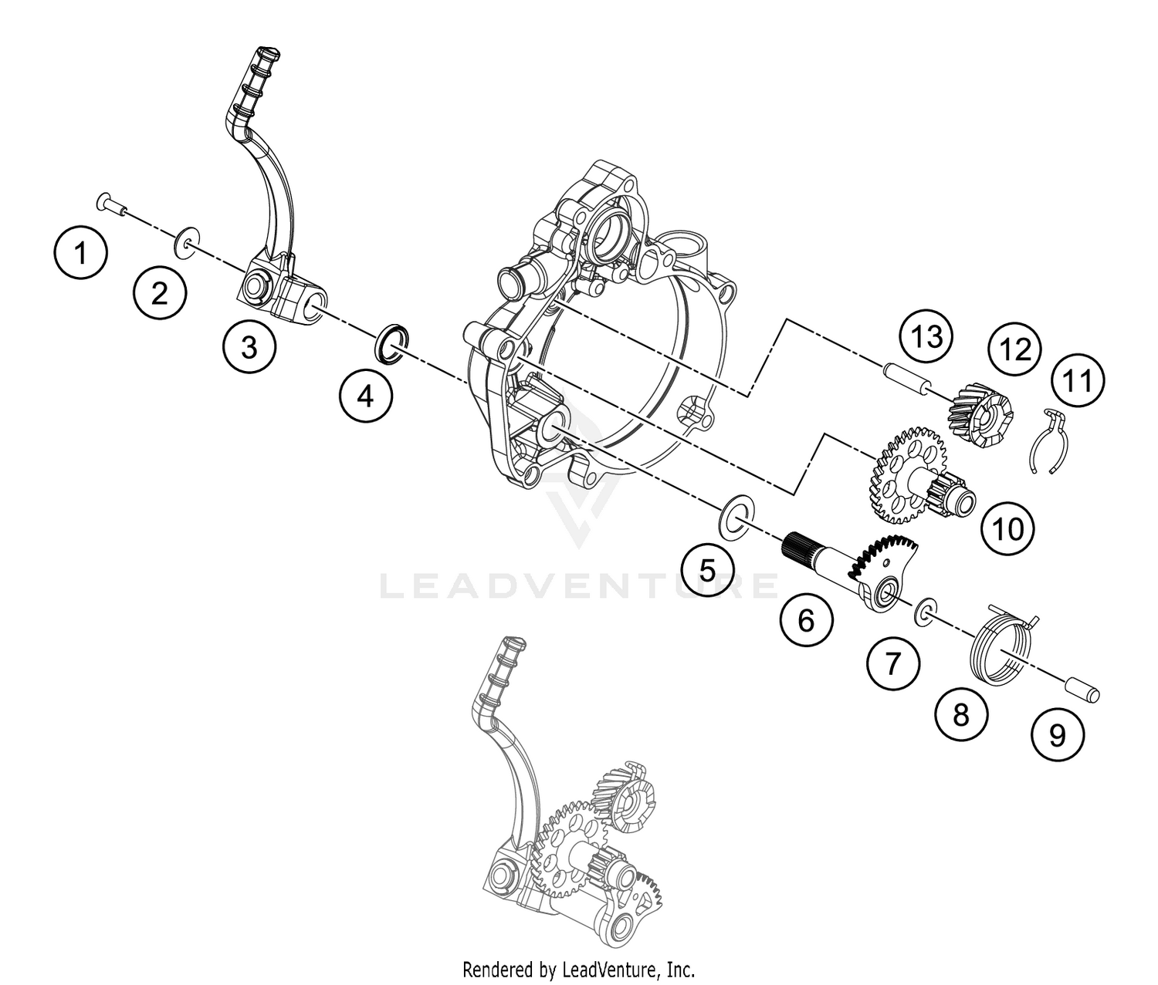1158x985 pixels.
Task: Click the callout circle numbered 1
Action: pyautogui.click(x=81, y=252)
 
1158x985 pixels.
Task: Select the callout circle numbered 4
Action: pyautogui.click(x=365, y=396)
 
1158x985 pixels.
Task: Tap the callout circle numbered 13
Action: pyautogui.click(x=926, y=337)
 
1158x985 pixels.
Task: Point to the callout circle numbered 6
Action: pyautogui.click(x=806, y=619)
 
